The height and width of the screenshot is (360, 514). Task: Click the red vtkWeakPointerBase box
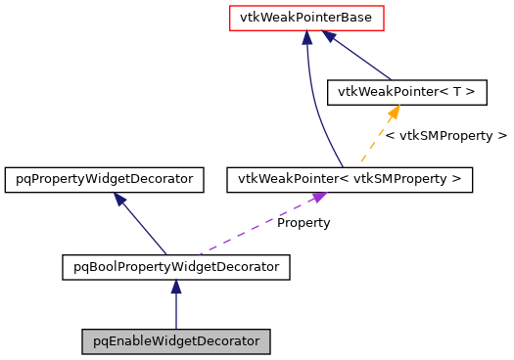[305, 18]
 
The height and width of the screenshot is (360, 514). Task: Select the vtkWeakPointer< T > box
[406, 92]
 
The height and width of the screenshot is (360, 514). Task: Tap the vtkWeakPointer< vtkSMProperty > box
[350, 180]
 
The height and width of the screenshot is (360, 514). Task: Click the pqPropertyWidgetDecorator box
[105, 180]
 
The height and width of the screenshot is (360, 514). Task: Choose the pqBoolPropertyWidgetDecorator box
[176, 266]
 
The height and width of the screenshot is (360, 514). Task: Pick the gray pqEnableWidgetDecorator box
[176, 341]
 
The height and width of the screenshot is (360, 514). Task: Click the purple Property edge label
[303, 223]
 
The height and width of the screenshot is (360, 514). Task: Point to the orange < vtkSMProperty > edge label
[445, 136]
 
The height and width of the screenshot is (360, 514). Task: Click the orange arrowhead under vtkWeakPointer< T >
[394, 112]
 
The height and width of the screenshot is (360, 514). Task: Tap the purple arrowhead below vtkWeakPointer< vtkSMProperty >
[317, 199]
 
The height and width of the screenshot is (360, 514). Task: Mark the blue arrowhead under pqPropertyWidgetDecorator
[119, 199]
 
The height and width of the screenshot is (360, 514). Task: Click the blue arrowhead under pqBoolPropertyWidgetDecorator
[176, 287]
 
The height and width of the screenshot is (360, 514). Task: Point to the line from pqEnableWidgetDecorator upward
[176, 313]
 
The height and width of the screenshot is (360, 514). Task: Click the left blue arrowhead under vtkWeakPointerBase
[306, 37]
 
